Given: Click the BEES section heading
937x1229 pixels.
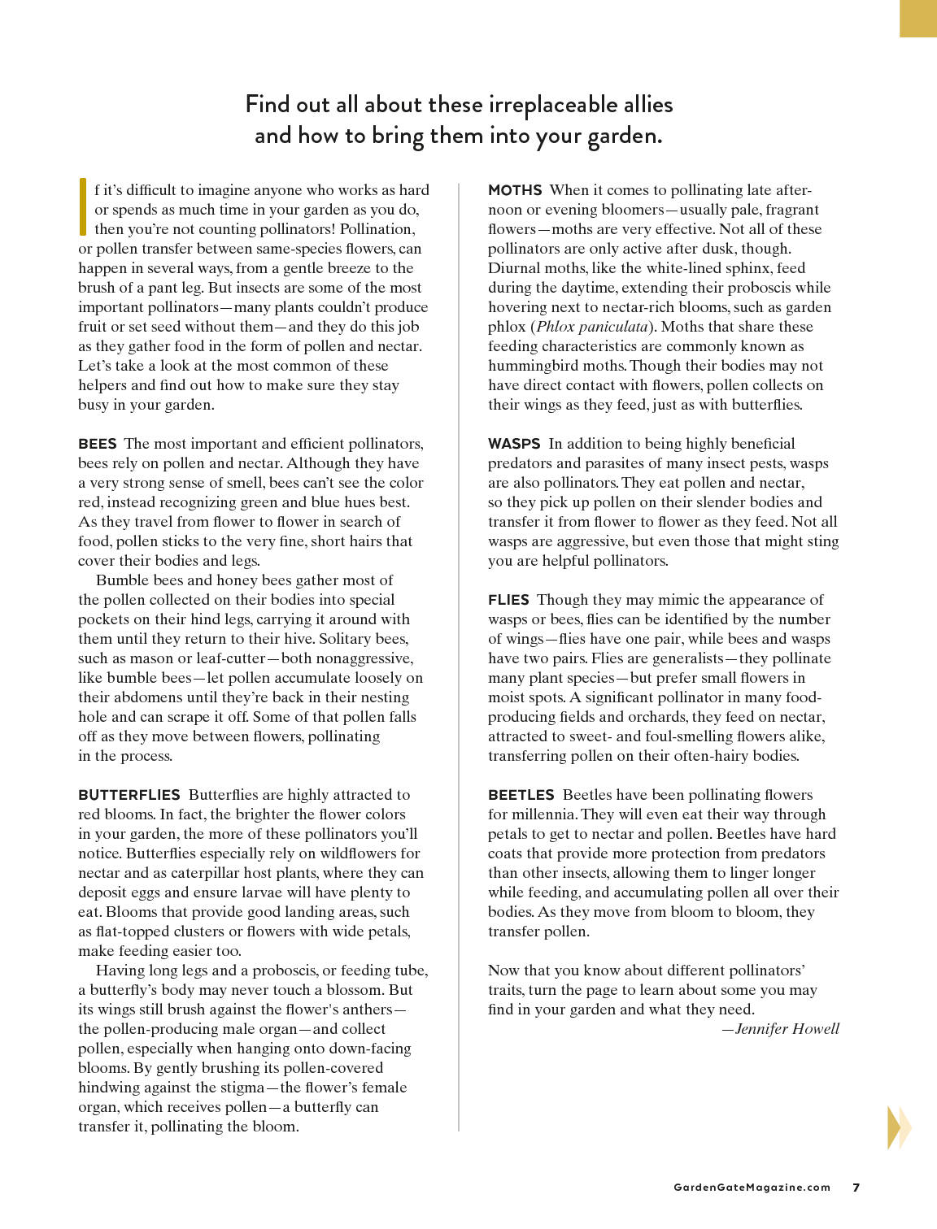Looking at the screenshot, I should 98,444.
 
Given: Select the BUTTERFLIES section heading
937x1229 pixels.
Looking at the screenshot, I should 129,795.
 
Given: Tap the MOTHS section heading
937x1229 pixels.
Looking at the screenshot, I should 515,190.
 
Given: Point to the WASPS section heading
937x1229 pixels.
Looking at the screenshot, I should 514,444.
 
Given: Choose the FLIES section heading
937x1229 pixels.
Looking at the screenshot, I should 508,600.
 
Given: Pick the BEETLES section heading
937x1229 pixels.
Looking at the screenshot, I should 521,795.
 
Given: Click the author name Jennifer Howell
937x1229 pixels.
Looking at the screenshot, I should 787,1029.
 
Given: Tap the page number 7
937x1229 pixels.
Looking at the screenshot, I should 856,1187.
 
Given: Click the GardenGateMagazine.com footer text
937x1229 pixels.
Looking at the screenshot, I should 752,1187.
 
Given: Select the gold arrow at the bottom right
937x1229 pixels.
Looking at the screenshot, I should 899,1127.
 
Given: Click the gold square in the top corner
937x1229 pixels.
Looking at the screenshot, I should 918,18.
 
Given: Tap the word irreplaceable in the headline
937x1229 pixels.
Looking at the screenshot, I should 551,105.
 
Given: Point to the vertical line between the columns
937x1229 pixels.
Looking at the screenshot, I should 459,650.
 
